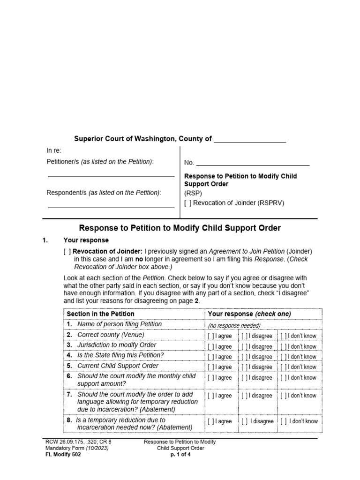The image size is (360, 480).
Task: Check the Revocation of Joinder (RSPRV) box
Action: point(188,203)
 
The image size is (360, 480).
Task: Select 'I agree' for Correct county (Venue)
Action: point(211,336)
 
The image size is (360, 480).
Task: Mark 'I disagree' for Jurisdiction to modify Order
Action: point(245,346)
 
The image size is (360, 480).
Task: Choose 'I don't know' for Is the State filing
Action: point(284,357)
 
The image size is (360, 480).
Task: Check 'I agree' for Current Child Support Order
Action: point(211,367)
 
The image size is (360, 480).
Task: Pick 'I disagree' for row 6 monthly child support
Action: point(245,377)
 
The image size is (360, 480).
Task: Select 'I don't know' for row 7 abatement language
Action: point(284,396)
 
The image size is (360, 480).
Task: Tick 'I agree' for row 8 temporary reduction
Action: point(211,421)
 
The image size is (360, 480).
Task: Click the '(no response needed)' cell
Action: point(234,325)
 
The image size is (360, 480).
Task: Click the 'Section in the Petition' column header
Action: point(100,314)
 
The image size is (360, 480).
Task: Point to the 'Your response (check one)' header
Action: point(249,314)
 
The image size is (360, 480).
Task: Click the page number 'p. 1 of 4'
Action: point(180,454)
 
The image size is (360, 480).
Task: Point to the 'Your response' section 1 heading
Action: point(92,240)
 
